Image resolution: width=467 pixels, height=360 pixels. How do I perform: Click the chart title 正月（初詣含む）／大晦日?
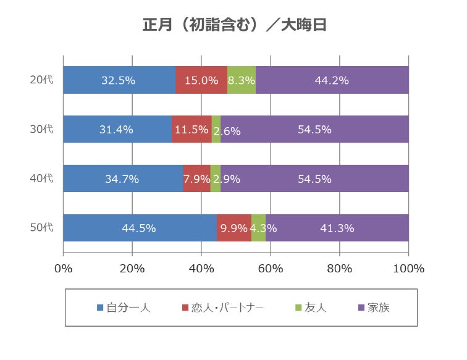coord(233,25)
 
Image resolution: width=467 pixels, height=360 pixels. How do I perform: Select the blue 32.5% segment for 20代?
coord(119,80)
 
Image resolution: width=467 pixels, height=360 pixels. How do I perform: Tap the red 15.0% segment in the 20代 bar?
coord(201,80)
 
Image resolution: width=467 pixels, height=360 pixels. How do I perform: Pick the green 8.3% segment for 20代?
coord(242,80)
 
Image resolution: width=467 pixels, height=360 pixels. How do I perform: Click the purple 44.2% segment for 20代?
coord(332,80)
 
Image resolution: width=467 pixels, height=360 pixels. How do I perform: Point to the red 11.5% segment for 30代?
coord(191,130)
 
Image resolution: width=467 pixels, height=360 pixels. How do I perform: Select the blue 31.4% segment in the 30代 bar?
coord(117,130)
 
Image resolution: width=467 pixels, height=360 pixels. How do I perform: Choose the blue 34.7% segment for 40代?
coord(123,179)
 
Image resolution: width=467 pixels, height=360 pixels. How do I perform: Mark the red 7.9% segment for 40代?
coord(196,179)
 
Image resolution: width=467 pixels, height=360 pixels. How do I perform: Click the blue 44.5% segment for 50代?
coord(140,228)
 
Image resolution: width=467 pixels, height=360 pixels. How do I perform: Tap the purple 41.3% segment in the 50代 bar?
coord(337,228)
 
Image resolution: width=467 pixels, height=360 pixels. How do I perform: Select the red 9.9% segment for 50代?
coord(234,228)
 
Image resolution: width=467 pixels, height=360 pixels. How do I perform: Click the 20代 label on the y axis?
coord(42,80)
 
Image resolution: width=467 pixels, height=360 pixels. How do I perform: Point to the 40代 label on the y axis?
coord(42,179)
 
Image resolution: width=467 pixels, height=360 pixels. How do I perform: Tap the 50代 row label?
coord(42,228)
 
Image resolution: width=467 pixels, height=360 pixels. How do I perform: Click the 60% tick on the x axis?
coord(271,269)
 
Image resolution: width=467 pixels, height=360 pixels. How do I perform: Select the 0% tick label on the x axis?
coord(64,269)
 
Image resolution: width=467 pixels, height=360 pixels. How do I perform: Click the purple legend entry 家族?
coord(374,308)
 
